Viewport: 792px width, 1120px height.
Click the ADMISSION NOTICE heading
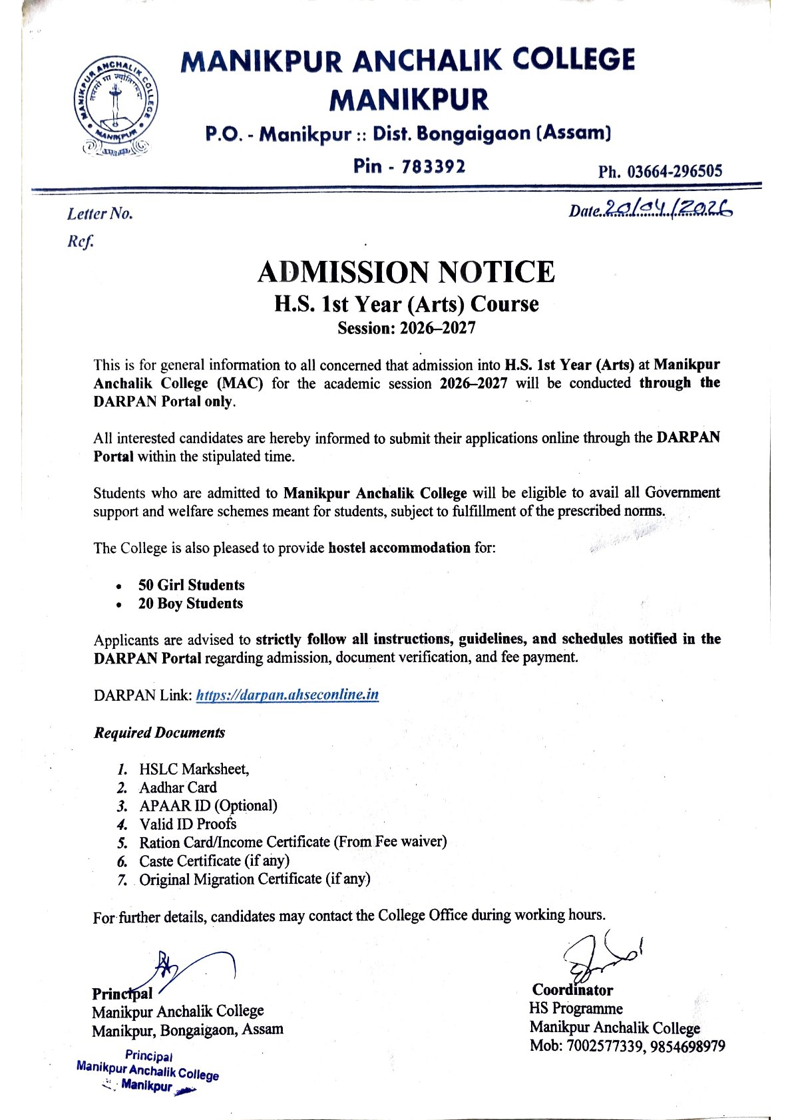point(406,272)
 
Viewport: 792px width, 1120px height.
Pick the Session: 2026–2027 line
point(406,328)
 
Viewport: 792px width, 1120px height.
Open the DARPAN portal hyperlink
point(288,695)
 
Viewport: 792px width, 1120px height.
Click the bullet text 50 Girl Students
point(191,585)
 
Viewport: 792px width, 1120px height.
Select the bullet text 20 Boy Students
point(190,604)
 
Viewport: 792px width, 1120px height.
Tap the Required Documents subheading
point(159,733)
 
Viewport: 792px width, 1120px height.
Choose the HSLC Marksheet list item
point(194,769)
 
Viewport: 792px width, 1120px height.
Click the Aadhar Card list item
point(178,788)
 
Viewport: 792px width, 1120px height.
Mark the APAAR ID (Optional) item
point(208,806)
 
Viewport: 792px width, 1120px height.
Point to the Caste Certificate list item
point(214,860)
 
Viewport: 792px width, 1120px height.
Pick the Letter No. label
point(100,214)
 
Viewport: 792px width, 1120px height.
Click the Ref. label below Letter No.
point(81,241)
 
